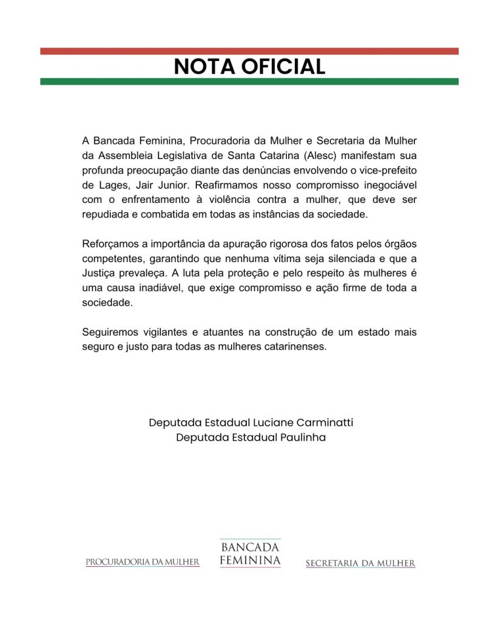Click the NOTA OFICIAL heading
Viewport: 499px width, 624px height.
click(x=249, y=66)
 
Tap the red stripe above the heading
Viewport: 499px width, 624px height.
click(x=249, y=51)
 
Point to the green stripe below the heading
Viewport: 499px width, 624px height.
click(x=249, y=82)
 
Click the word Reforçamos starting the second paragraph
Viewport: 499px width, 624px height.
click(x=110, y=244)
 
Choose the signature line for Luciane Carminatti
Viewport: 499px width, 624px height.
click(x=250, y=422)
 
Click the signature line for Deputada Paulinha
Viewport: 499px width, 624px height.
click(x=250, y=438)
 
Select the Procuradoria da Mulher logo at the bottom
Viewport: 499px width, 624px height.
click(x=143, y=562)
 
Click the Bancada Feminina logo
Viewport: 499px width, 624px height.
click(x=250, y=554)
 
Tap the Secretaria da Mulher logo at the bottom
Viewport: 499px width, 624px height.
click(x=360, y=564)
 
